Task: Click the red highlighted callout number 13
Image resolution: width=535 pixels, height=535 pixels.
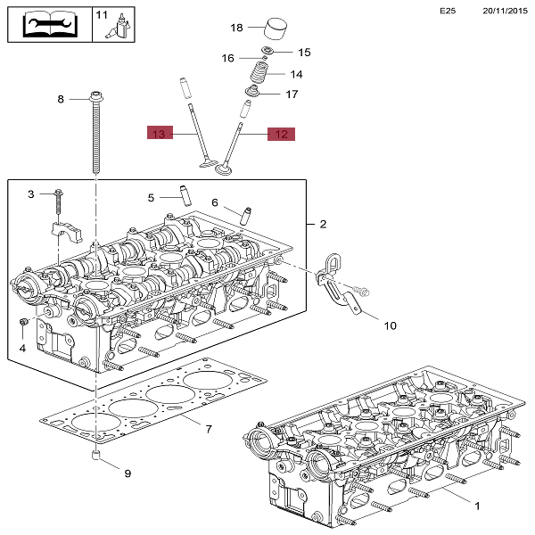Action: coord(160,133)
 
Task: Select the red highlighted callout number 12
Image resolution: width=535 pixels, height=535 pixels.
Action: coord(281,134)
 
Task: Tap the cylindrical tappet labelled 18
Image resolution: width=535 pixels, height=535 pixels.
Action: coord(276,29)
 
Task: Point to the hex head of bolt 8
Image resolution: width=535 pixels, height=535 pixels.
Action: coord(96,96)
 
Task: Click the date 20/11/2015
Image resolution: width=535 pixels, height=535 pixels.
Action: coord(505,11)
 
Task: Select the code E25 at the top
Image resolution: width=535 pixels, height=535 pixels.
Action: coord(448,11)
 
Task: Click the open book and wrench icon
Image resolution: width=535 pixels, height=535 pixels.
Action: coord(50,24)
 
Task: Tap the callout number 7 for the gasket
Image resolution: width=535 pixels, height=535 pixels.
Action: coord(209,429)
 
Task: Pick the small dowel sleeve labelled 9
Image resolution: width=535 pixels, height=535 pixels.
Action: coord(95,455)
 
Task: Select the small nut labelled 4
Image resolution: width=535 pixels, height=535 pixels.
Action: coord(23,322)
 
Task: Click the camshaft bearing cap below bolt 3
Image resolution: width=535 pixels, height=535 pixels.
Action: coord(67,230)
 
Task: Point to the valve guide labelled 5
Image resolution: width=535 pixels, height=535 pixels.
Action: coord(185,195)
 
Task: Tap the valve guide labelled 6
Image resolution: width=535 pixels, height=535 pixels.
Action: coord(246,216)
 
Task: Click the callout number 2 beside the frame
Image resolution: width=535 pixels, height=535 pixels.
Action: coord(323,224)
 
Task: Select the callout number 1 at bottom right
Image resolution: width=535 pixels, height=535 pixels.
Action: coord(477,506)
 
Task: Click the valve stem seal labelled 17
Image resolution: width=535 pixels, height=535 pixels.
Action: coord(253,91)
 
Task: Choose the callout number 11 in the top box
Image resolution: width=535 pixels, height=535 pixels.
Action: coord(102,15)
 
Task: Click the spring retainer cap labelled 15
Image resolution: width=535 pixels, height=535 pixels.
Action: coord(267,51)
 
